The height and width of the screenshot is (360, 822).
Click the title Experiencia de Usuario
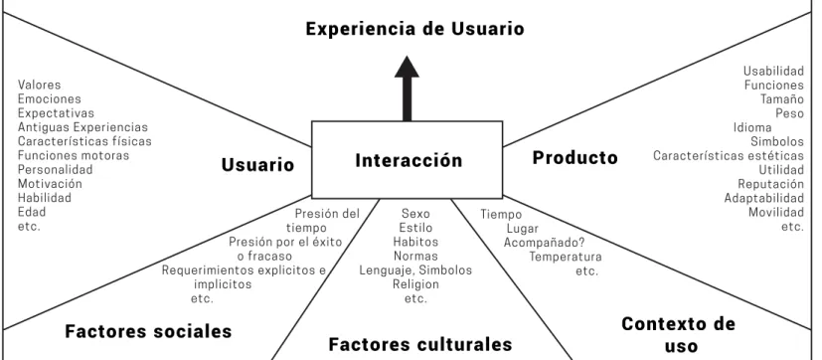414,28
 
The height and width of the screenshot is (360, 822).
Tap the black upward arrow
407,89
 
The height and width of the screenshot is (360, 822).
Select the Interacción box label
409,160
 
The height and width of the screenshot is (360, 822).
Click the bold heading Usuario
257,165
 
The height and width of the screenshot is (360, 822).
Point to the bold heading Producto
575,157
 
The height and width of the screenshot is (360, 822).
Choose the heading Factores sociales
148,331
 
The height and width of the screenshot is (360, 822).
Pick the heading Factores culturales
419,344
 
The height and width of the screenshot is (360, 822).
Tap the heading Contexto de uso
678,335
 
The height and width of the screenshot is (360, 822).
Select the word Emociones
50,98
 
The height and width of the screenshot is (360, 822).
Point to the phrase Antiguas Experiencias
82,127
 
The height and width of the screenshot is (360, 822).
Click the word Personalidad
55,169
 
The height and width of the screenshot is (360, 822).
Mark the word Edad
32,212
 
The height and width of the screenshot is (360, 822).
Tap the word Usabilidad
773,71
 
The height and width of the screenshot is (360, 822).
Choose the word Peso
789,113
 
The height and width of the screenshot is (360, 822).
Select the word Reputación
770,184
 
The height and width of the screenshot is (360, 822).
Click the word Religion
415,284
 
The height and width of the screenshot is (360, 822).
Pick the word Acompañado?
544,243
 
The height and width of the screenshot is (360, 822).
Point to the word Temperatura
566,257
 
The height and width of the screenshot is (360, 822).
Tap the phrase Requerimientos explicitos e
244,270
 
